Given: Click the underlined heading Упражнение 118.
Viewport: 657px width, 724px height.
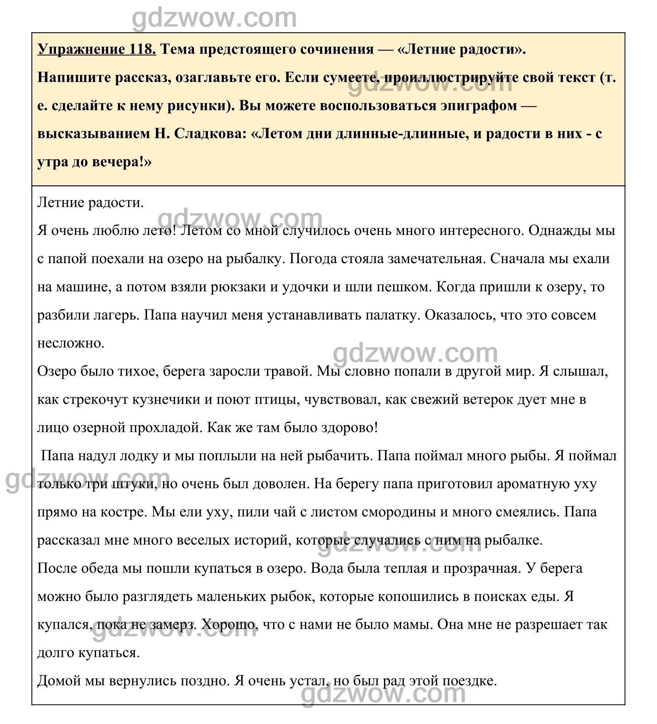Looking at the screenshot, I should click(x=96, y=49).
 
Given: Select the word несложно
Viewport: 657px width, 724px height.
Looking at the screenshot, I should click(x=71, y=343).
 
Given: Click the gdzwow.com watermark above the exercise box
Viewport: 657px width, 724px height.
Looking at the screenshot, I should click(x=214, y=18).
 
